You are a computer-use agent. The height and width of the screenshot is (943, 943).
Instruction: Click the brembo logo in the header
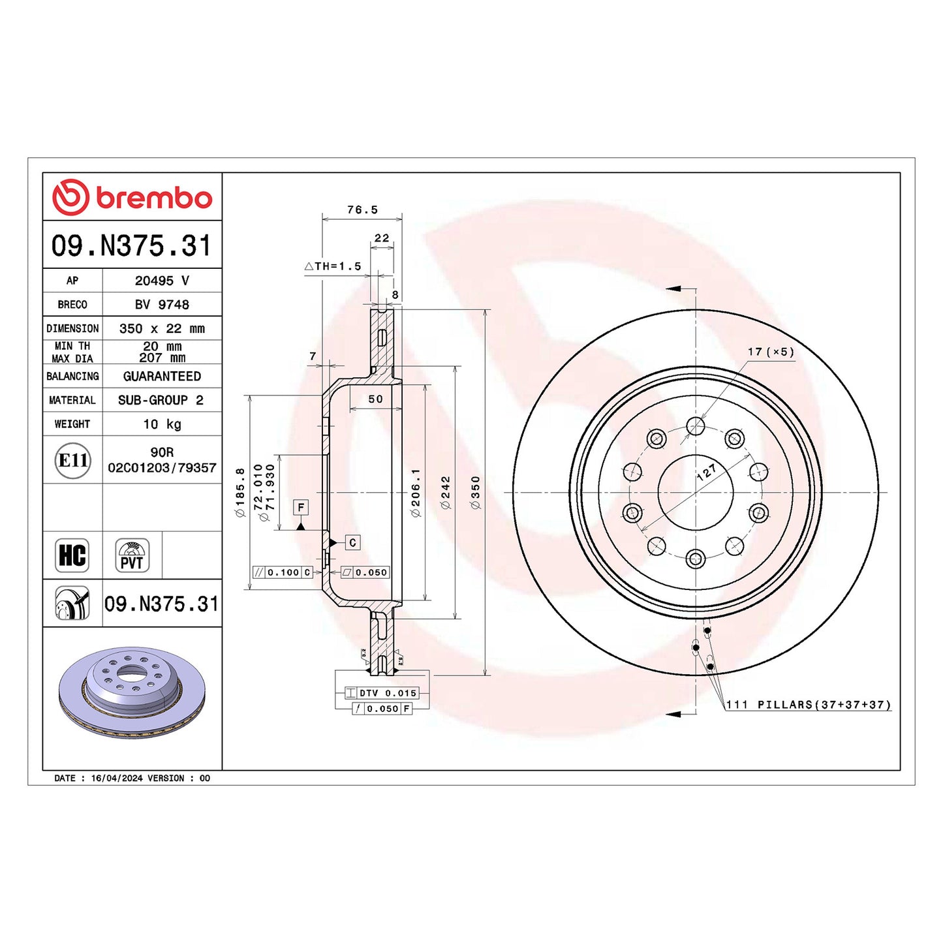coord(132,197)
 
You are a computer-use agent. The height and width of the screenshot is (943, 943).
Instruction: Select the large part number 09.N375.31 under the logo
coord(132,245)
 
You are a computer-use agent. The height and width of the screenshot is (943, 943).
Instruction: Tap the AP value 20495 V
coord(162,281)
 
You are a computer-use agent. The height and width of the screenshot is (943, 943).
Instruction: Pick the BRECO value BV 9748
coord(162,304)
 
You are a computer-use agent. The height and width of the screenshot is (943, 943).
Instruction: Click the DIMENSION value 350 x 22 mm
coord(162,328)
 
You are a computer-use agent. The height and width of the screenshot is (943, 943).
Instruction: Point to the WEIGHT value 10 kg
coord(162,424)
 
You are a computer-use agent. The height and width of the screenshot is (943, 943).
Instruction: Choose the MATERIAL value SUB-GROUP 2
coord(161,400)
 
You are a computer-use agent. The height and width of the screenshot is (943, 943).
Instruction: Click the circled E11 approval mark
coord(72,461)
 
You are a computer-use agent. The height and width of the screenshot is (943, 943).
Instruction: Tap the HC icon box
coord(72,555)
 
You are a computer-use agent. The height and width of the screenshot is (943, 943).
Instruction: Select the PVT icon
coord(132,555)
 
